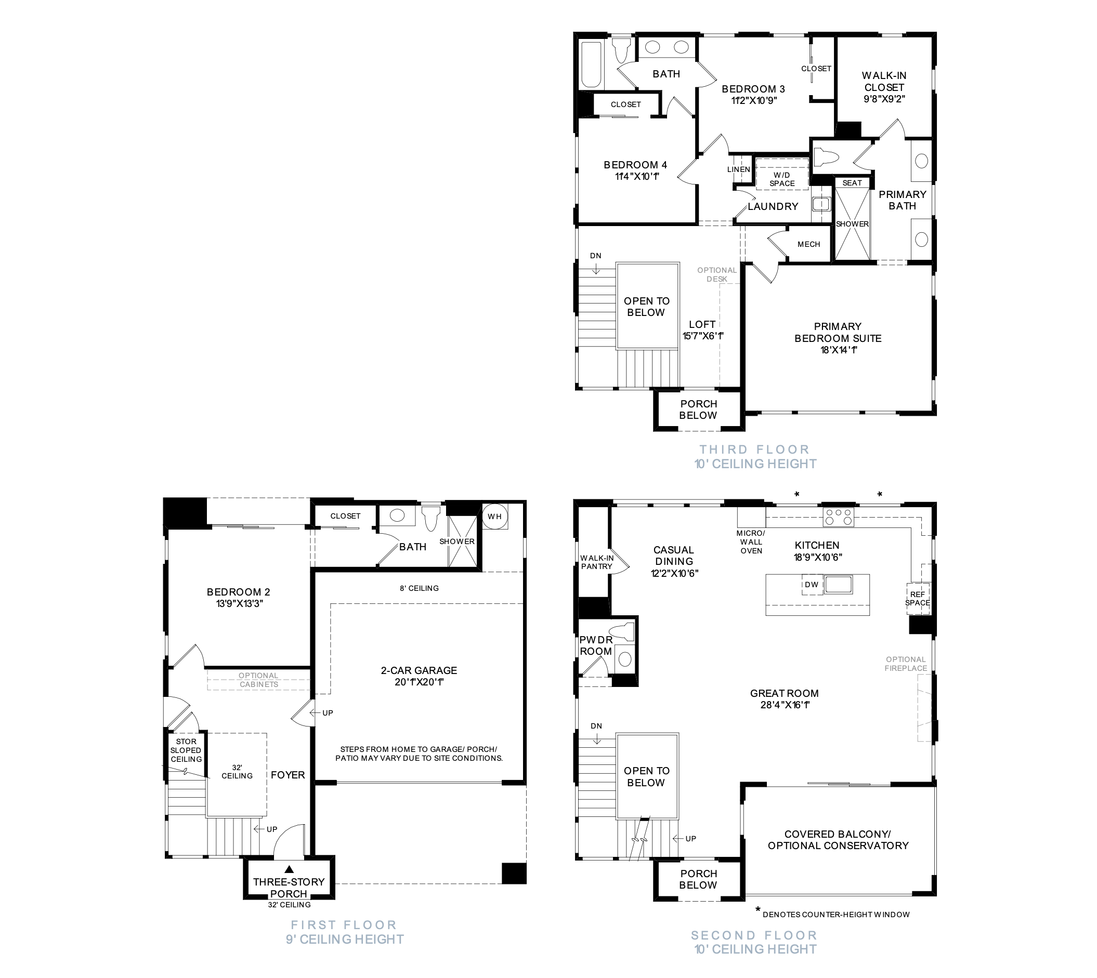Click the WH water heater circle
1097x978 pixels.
pos(494,517)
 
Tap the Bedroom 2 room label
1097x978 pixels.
pos(239,598)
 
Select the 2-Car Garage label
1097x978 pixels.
pos(419,676)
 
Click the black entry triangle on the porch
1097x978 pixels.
pos(289,869)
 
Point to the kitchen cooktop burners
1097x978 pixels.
pos(839,517)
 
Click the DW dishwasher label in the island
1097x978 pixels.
pos(812,585)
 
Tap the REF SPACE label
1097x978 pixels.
pos(918,599)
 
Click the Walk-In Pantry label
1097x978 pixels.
pos(597,562)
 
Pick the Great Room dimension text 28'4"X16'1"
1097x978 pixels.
pos(785,705)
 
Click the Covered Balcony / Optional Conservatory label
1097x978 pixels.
pos(838,840)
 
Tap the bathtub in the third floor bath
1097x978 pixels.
pos(591,64)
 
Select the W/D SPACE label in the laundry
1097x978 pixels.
pos(782,179)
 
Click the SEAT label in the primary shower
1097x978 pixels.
pos(852,183)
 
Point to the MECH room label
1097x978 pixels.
pos(809,244)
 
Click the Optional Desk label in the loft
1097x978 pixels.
pos(717,274)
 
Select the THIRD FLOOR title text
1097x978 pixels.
pos(754,449)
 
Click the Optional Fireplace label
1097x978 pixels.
pos(906,664)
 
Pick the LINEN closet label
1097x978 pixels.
pos(738,169)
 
